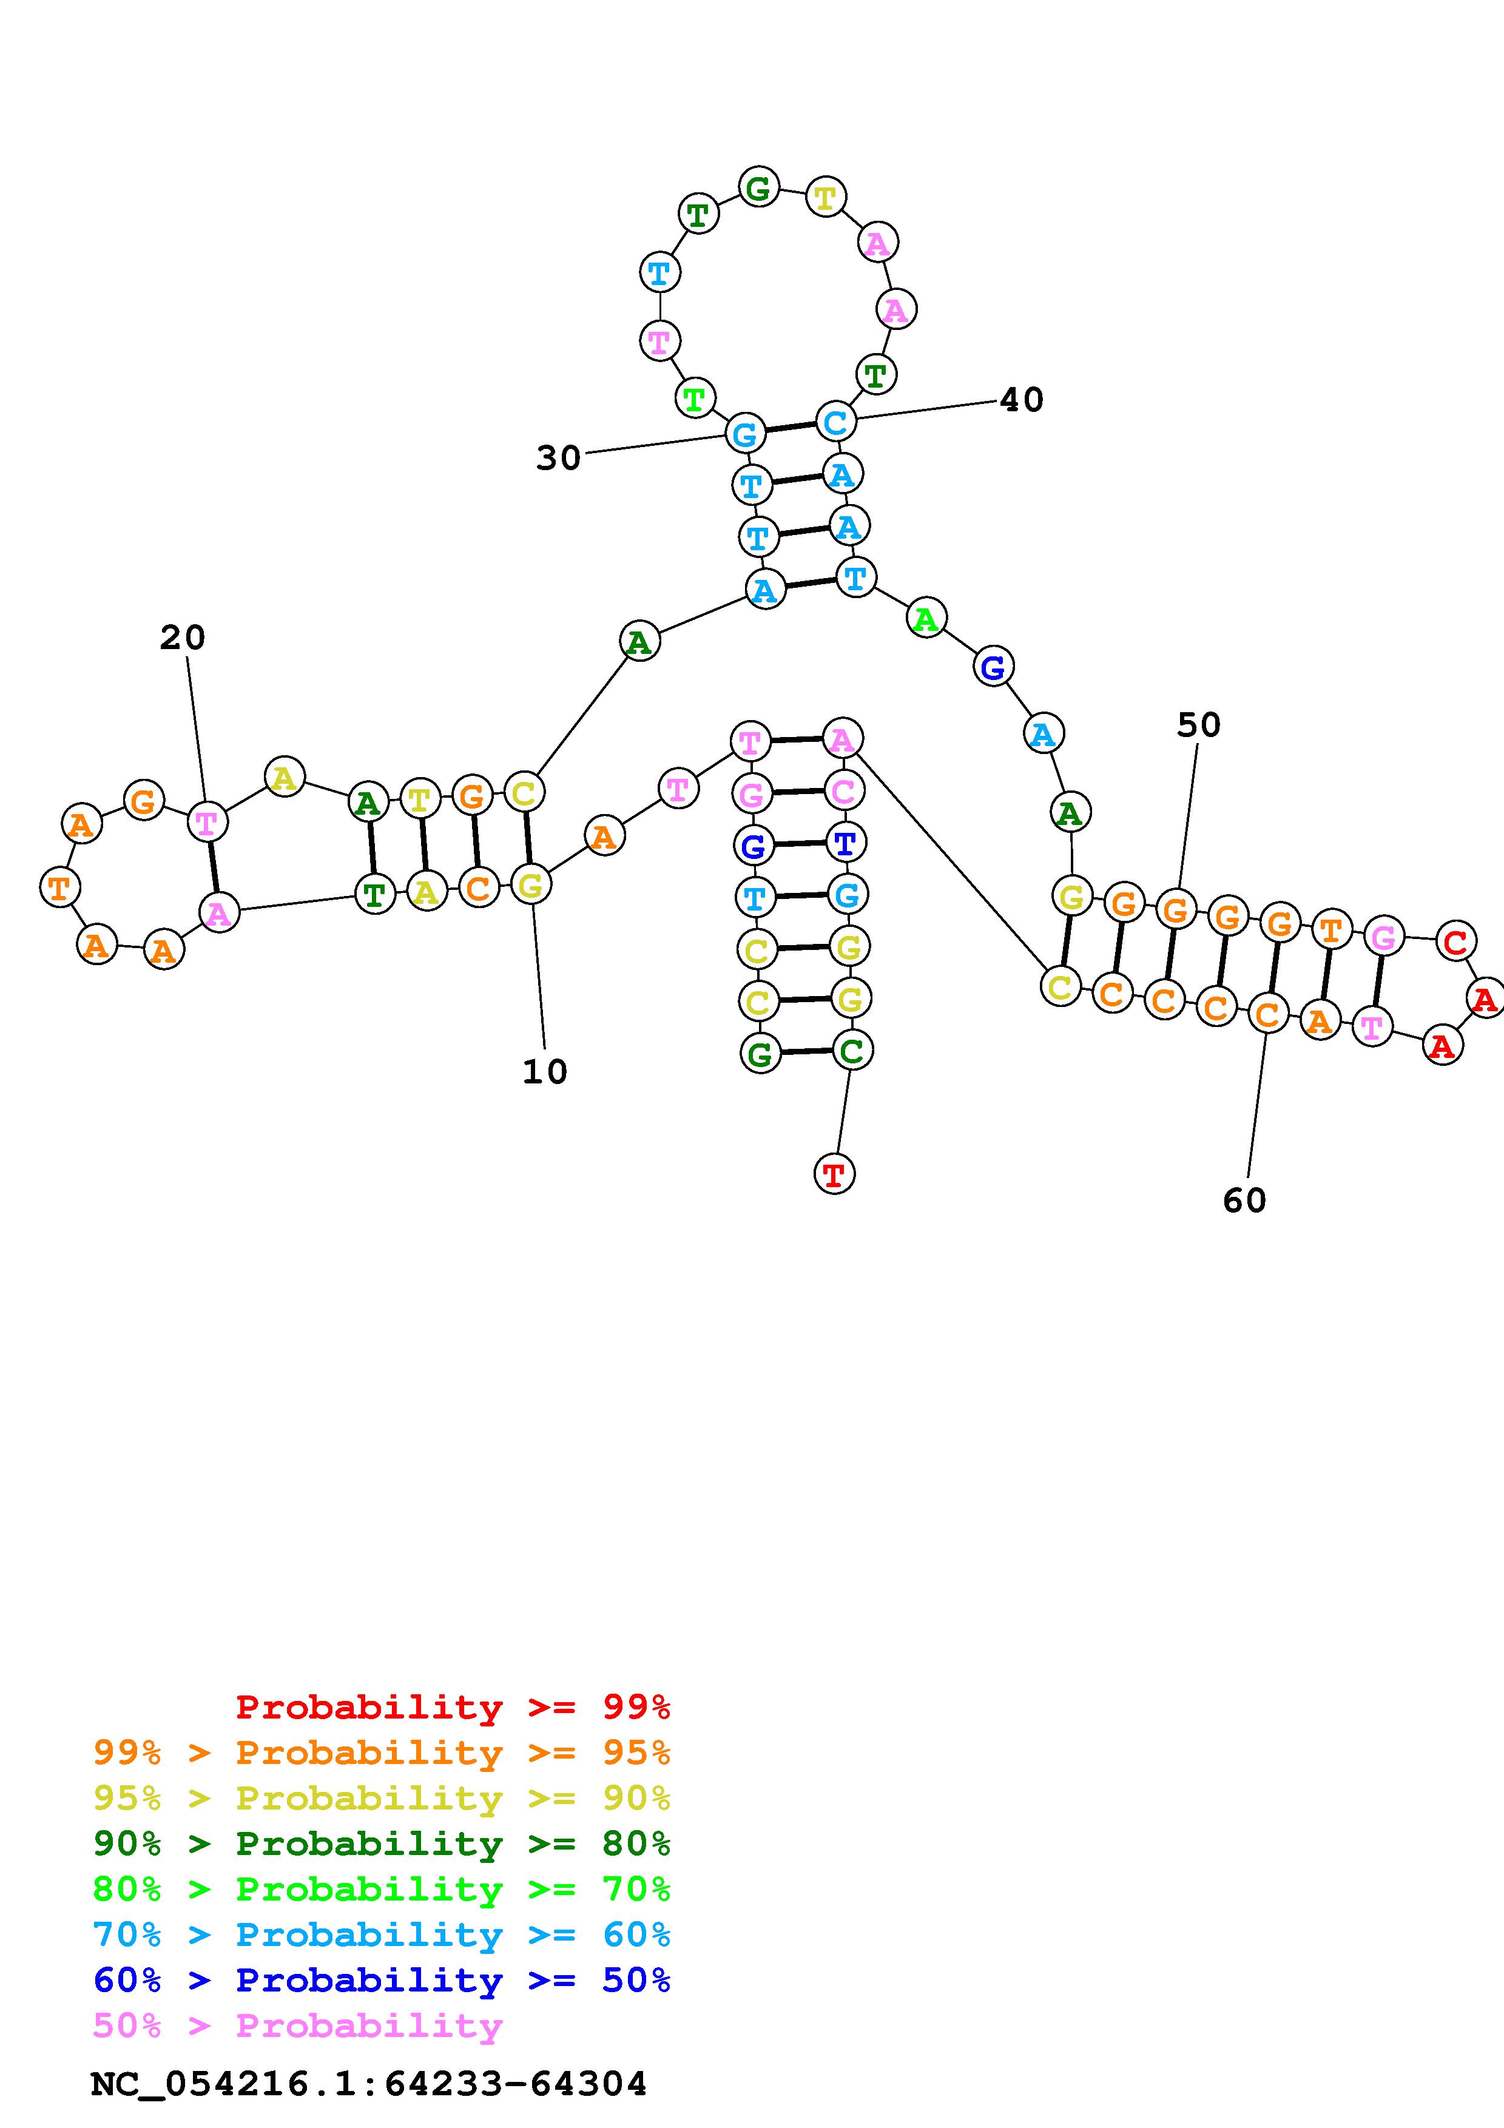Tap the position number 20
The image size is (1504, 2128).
(x=183, y=638)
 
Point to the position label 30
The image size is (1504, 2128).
(x=559, y=458)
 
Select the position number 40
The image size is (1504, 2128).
(x=1021, y=400)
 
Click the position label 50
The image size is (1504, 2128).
(x=1199, y=726)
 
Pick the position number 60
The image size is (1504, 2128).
(x=1244, y=1201)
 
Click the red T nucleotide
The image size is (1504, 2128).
(x=834, y=1174)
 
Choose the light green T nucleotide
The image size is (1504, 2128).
(x=693, y=400)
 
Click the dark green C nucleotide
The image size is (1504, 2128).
(x=852, y=1051)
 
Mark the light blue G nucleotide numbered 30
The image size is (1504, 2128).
(x=745, y=433)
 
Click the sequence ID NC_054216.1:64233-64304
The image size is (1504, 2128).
(x=369, y=2084)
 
